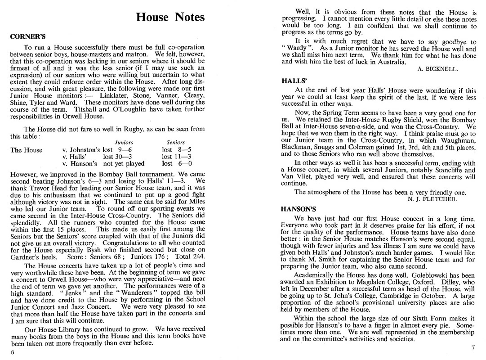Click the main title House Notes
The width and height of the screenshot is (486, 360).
tap(170, 18)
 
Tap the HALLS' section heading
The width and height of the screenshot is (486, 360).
tap(294, 81)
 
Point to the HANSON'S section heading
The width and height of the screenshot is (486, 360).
tap(299, 209)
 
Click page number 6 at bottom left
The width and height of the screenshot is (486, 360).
tap(13, 352)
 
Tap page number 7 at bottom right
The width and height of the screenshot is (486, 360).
tap(473, 347)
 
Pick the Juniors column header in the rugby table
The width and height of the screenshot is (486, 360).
tap(124, 142)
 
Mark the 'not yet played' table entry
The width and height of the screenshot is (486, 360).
tap(124, 164)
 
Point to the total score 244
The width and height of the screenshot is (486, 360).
tap(198, 256)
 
